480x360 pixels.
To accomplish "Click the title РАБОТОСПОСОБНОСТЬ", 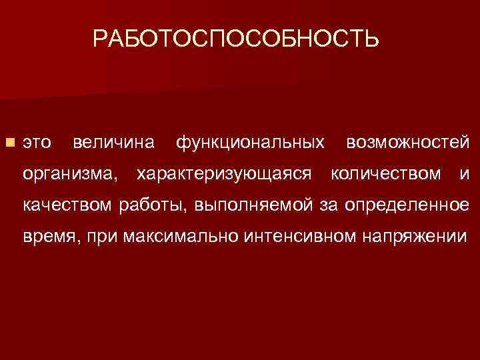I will coord(236,39).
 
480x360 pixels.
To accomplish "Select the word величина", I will coord(113,143).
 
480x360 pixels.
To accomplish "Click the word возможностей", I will coord(408,143).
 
